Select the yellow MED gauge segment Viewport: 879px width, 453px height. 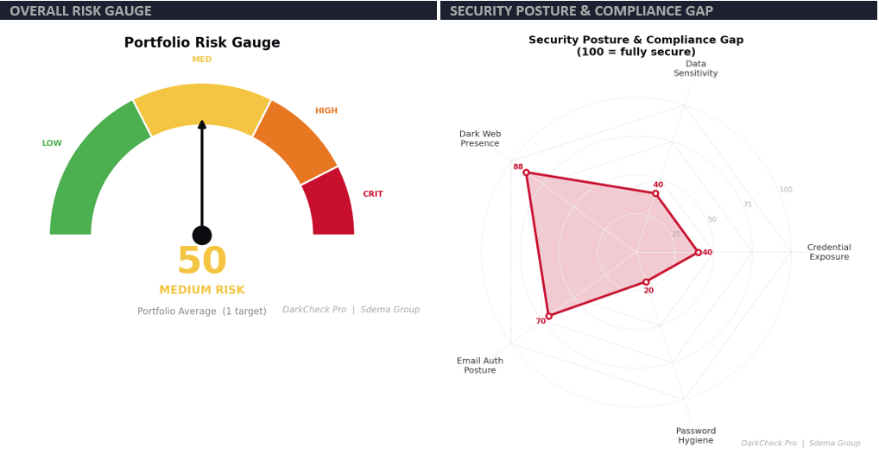tap(202, 104)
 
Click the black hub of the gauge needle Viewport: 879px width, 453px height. tap(202, 235)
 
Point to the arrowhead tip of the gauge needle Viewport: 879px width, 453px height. tap(202, 122)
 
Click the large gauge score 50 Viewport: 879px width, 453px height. tap(201, 261)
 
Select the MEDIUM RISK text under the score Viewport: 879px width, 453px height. tap(202, 291)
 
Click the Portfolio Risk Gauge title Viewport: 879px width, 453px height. tap(202, 43)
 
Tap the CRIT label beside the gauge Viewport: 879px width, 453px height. tap(373, 194)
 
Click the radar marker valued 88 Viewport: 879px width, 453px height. tap(526, 173)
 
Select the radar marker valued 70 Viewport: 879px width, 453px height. tap(548, 316)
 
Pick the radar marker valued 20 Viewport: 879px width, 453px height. tap(646, 282)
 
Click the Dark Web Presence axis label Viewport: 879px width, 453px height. tap(480, 139)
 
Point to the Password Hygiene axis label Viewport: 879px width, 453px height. tap(696, 436)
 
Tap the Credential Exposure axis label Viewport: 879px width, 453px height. tap(829, 252)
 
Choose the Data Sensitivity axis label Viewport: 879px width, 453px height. tap(696, 69)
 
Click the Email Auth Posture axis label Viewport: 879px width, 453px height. tap(480, 366)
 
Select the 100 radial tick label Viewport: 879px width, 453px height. tap(786, 190)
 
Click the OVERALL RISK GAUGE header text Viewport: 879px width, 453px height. tap(80, 10)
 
